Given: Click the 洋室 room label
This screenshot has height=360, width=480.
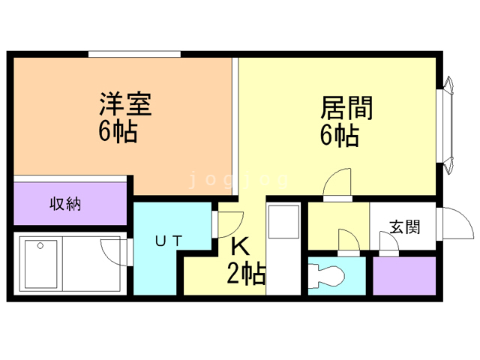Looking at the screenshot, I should point(126,104).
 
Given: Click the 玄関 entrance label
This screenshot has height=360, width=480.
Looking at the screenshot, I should point(404,226).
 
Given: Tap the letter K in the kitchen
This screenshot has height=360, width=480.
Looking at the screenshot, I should point(239,246).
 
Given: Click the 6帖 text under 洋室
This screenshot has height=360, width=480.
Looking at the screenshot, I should point(116,132).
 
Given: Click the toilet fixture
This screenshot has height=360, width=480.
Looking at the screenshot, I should point(330,274).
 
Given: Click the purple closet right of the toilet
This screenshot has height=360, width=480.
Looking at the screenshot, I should point(405,275).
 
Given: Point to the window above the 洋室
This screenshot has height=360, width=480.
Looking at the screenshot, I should point(135,53).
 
